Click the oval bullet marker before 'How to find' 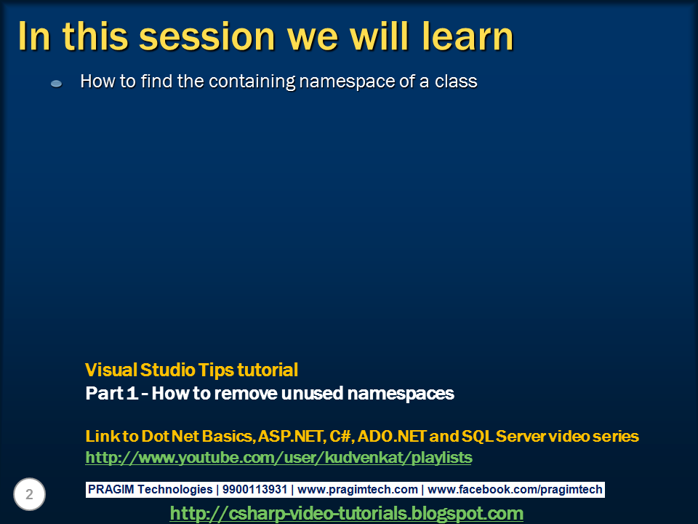tap(56, 84)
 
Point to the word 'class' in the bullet tap(456, 82)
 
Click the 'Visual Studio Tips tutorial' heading tap(191, 370)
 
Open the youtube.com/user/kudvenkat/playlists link tap(278, 458)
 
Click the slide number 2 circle tap(29, 495)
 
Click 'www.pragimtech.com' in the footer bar tap(358, 490)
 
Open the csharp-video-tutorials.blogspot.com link tap(346, 513)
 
